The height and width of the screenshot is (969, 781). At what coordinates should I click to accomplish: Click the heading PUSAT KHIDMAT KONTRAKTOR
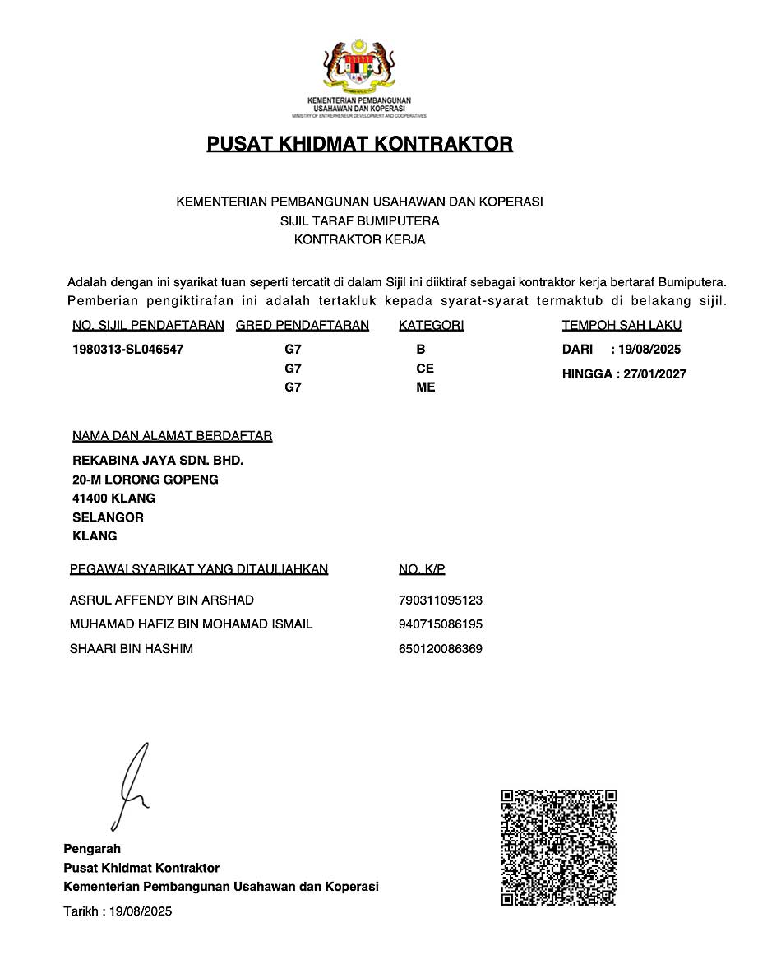pyautogui.click(x=359, y=145)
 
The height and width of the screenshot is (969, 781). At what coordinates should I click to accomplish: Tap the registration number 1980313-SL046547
pyautogui.click(x=127, y=350)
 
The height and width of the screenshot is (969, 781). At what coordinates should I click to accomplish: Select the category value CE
pyautogui.click(x=425, y=369)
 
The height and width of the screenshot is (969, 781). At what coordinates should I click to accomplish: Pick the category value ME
pyautogui.click(x=425, y=387)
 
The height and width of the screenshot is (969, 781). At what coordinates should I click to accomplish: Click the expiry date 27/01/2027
pyautogui.click(x=654, y=374)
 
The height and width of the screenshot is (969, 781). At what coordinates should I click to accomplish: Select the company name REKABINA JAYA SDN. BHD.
pyautogui.click(x=158, y=461)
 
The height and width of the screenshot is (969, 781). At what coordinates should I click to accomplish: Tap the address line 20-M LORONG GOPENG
pyautogui.click(x=146, y=480)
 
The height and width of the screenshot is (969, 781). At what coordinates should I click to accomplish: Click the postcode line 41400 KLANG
pyautogui.click(x=113, y=498)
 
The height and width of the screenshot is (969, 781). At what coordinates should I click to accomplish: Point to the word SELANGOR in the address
pyautogui.click(x=108, y=517)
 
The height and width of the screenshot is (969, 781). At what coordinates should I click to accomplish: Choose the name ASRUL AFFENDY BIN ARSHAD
pyautogui.click(x=162, y=600)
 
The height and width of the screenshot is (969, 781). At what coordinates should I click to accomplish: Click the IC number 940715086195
pyautogui.click(x=440, y=624)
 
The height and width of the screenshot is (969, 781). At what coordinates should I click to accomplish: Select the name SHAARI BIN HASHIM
pyautogui.click(x=132, y=649)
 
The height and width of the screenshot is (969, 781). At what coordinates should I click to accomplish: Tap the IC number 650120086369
pyautogui.click(x=440, y=649)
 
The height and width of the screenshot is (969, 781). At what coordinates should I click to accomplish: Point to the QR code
pyautogui.click(x=559, y=848)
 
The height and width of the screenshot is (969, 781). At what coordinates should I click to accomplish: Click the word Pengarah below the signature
pyautogui.click(x=92, y=849)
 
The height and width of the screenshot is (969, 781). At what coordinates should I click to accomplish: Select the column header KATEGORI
pyautogui.click(x=431, y=326)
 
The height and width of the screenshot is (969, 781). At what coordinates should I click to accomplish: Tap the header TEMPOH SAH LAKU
pyautogui.click(x=622, y=326)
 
